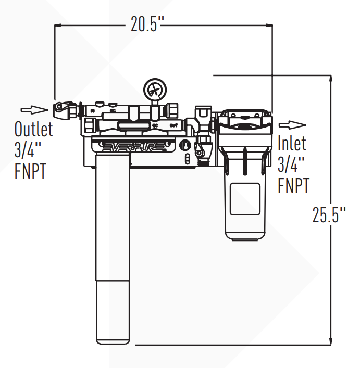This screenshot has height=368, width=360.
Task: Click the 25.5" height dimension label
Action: click(329, 214)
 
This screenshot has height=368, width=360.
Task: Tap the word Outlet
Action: click(33, 129)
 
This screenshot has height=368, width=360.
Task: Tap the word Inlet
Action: click(292, 143)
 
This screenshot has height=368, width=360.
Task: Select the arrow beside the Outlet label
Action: click(32, 109)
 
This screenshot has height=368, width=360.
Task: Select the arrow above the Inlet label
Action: click(292, 125)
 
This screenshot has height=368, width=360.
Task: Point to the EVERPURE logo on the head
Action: click(137, 148)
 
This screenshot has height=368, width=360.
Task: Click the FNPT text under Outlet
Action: click(30, 171)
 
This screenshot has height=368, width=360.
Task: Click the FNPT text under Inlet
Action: click(293, 185)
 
